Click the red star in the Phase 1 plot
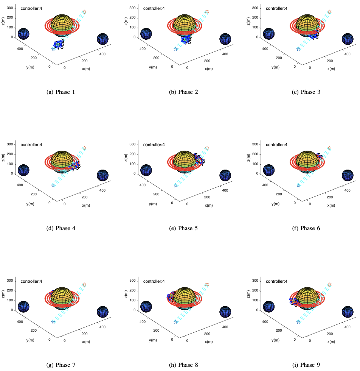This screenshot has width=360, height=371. [84, 12]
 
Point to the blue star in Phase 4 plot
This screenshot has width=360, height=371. [53, 185]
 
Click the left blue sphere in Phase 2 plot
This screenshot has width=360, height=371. [146, 34]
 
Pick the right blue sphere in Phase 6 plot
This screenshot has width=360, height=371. [348, 175]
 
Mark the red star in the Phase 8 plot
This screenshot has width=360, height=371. [207, 284]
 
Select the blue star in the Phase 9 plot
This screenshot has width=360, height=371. [298, 322]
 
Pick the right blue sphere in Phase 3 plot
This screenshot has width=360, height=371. [348, 39]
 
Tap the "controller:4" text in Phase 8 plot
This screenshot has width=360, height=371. [155, 281]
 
